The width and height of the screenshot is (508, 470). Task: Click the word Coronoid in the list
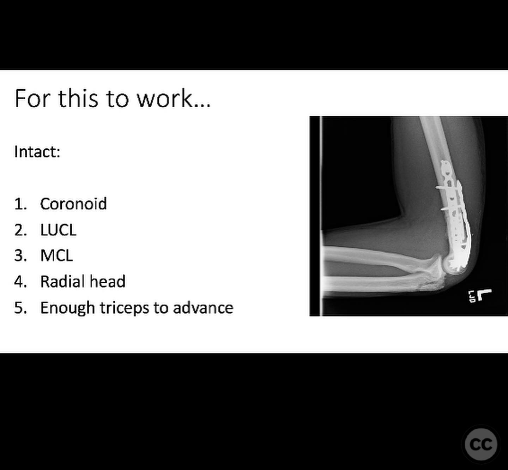73,204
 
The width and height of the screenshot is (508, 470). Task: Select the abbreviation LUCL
58,230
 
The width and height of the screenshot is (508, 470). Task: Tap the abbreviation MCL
56,255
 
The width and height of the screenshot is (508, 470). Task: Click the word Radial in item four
61,281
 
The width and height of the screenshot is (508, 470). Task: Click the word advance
203,308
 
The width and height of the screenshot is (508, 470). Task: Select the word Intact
37,152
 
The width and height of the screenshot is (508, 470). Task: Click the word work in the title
174,98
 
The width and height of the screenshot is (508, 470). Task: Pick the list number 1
21,204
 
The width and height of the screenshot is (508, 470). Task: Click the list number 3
21,255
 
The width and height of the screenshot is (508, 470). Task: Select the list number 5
21,308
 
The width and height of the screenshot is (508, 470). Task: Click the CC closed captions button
481,444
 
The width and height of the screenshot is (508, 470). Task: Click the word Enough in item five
67,308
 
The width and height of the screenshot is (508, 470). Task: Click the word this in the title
78,98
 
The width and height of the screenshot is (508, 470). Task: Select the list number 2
21,230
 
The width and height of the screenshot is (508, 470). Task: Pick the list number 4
21,281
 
